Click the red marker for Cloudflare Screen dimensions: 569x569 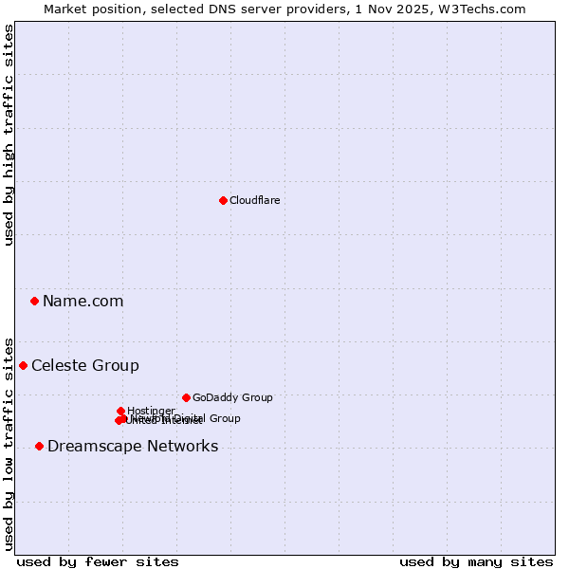point(223,200)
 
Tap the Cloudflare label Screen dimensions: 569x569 point(254,200)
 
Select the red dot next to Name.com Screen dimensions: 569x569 point(34,301)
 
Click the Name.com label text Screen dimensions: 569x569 point(83,302)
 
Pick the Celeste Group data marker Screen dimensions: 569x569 point(23,365)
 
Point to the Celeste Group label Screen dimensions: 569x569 point(85,366)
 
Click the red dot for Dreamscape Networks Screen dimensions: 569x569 point(39,446)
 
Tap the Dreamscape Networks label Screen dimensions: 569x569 point(133,447)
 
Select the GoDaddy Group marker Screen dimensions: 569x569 point(186,397)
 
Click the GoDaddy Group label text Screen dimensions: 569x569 point(232,398)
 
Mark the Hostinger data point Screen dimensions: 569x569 point(120,411)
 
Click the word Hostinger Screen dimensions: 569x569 point(151,411)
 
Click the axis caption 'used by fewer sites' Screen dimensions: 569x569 point(98,561)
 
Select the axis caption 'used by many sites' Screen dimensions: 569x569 point(476,561)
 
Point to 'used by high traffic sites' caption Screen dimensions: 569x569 point(9,135)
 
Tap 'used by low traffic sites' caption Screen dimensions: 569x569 point(9,443)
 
